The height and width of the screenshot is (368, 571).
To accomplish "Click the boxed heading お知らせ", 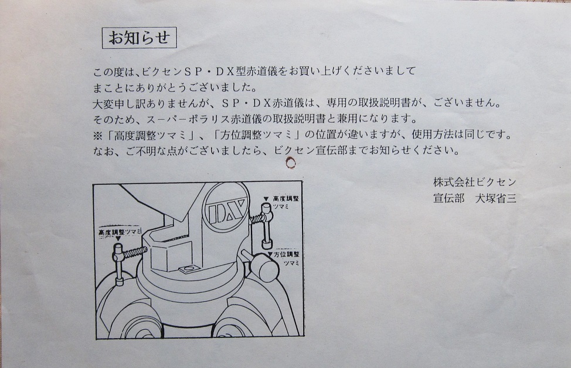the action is coord(139,38).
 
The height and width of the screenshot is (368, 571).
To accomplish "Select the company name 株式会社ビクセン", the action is coord(474,181).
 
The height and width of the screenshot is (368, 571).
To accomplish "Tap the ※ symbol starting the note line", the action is coord(98,136).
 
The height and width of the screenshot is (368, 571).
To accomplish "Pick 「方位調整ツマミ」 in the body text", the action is coord(256,136).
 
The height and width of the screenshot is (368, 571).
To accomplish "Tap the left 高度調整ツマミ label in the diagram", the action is coord(120,232).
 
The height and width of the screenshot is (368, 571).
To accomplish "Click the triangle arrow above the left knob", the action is coord(118,238).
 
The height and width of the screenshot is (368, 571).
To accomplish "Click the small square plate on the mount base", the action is coord(188,269).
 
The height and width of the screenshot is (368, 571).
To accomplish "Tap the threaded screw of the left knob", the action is coord(136,252).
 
